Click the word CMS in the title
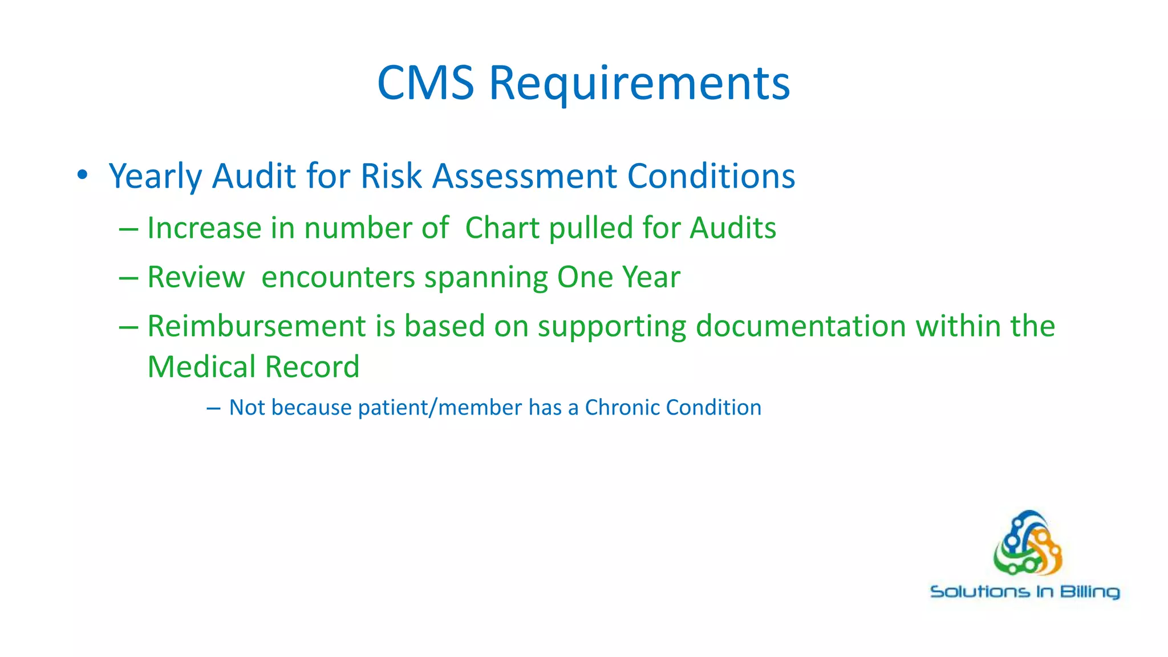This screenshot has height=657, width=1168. click(425, 83)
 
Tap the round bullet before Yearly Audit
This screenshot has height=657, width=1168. click(83, 175)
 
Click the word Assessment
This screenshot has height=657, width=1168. click(524, 176)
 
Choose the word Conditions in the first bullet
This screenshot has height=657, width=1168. click(711, 176)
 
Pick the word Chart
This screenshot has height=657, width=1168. click(502, 228)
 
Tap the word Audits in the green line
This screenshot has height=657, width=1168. click(733, 228)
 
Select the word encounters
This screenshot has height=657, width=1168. click(338, 278)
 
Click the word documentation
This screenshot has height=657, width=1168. click(801, 326)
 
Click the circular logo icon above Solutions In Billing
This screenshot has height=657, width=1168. click(1028, 543)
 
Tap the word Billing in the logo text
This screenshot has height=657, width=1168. click(1090, 592)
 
